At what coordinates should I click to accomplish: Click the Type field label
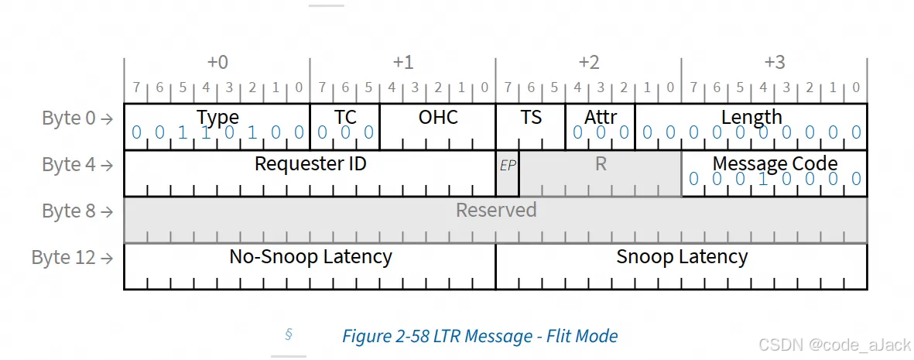tap(217, 118)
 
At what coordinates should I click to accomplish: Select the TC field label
tap(345, 118)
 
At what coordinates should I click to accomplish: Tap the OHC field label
tap(438, 118)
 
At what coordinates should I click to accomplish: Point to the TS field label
tap(531, 118)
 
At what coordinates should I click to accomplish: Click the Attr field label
tap(601, 118)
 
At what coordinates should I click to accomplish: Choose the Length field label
tap(751, 118)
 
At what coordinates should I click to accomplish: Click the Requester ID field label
tap(310, 164)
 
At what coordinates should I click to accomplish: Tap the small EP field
tap(508, 166)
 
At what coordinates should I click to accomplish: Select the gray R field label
tap(601, 164)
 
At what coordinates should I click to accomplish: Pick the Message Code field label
tap(775, 164)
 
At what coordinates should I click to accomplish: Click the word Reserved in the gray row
tap(496, 211)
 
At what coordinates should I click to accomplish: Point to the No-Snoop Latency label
tap(310, 257)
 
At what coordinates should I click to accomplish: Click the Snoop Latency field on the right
tap(682, 257)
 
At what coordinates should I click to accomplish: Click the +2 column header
tap(589, 63)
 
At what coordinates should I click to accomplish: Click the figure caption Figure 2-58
tap(480, 337)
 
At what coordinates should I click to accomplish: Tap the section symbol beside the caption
tap(289, 335)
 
